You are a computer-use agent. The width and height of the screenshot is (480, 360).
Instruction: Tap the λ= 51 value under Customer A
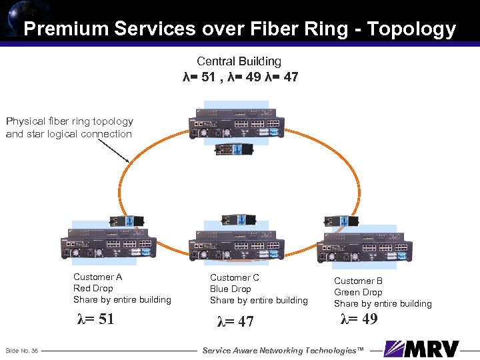point(96,319)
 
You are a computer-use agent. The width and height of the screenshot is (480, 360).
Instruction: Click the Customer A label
point(97,277)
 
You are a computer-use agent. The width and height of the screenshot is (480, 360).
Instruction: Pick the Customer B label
point(358,281)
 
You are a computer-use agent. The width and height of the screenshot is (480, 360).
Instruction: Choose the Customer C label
point(235,277)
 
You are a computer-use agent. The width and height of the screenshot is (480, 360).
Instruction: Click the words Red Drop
point(93,288)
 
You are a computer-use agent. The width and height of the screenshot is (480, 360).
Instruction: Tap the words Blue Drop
point(231,289)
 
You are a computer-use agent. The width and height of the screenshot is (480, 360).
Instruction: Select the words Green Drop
point(358,292)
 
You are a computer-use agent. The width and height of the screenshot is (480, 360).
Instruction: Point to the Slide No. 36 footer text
point(21,351)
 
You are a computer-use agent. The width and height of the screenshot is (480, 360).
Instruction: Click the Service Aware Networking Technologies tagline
point(283,351)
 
